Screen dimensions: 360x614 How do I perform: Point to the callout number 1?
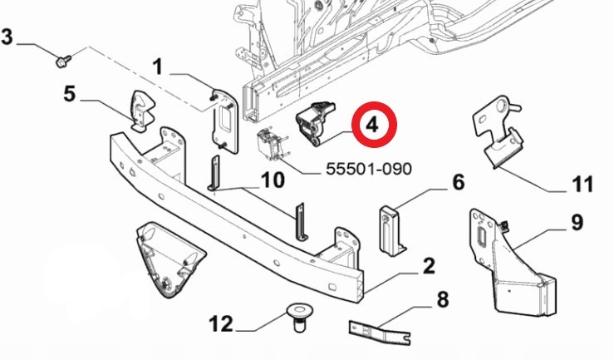pyautogui.click(x=158, y=65)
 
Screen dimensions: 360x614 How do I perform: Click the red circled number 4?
pyautogui.click(x=371, y=126)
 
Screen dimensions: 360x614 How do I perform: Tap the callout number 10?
pyautogui.click(x=273, y=180)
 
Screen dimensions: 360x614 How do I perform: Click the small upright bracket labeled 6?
pyautogui.click(x=391, y=228)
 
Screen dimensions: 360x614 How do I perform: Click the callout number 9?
pyautogui.click(x=576, y=223)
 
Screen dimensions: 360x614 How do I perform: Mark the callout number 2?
pyautogui.click(x=429, y=267)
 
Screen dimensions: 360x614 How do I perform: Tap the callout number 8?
pyautogui.click(x=442, y=298)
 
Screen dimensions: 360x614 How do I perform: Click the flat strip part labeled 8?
pyautogui.click(x=379, y=333)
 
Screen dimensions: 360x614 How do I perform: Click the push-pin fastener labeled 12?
pyautogui.click(x=297, y=316)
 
